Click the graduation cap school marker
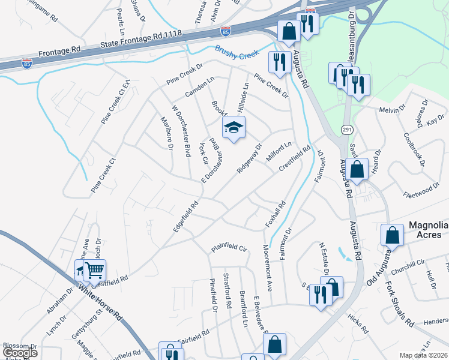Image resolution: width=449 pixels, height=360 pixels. [234, 127]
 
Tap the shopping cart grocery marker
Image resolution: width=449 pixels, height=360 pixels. [94, 271]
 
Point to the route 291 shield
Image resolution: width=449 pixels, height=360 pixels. [348, 130]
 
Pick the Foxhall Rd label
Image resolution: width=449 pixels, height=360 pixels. [276, 215]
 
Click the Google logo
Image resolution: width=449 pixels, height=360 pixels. [20, 353]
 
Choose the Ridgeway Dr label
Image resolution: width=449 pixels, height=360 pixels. [250, 158]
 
